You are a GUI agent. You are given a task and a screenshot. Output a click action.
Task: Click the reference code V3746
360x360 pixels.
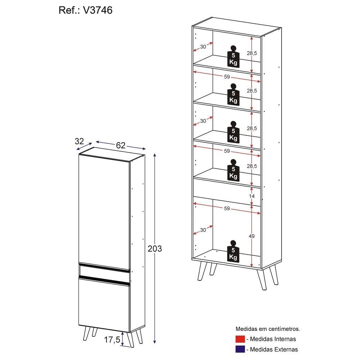click(x=98, y=10)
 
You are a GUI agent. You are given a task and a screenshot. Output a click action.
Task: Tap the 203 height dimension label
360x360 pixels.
click(x=155, y=249)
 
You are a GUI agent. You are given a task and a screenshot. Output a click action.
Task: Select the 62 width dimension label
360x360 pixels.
click(x=121, y=145)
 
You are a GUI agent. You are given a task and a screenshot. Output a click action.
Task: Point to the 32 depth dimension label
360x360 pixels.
click(x=79, y=141)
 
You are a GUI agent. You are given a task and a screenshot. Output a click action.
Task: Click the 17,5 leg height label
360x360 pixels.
click(x=112, y=340)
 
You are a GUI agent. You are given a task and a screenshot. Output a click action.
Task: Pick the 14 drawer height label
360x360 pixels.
click(x=252, y=196)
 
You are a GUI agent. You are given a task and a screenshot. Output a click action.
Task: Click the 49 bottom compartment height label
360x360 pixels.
click(x=252, y=236)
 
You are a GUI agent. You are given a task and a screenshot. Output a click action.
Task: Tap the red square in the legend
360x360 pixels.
click(x=240, y=339)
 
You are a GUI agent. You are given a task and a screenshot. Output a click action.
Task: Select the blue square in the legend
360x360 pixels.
click(x=240, y=349)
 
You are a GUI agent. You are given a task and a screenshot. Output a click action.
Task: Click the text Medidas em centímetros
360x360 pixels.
click(x=268, y=329)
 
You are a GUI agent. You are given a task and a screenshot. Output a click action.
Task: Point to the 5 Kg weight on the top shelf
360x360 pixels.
click(x=233, y=57)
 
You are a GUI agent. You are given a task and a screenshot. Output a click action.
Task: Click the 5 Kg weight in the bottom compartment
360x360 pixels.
click(x=233, y=251)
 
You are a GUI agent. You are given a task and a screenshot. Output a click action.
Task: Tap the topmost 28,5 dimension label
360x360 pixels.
click(x=252, y=53)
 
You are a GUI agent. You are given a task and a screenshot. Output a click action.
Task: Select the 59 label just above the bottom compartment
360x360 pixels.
click(x=227, y=208)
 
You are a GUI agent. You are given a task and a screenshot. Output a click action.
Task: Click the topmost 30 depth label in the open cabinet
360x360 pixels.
click(x=203, y=47)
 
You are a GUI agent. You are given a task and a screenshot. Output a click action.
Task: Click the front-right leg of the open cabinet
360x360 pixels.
click(x=262, y=279)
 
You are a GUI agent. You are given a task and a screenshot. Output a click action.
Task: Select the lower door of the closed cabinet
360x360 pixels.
click(x=104, y=305)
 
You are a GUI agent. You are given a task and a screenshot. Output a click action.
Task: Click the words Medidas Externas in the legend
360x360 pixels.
click(x=274, y=350)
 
